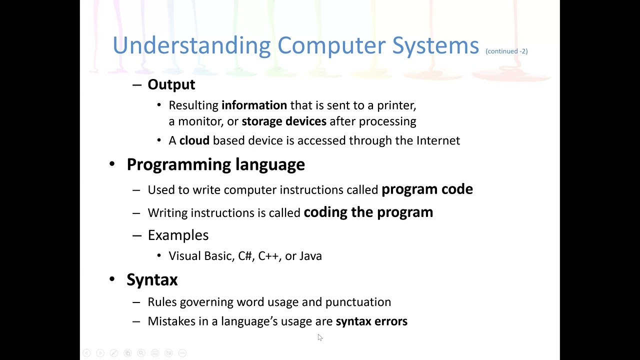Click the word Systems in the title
pos(435,45)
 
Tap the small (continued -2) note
pos(506,51)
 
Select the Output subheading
pos(171,84)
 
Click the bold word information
pos(254,105)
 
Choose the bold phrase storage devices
pos(283,121)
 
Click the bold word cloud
pos(194,140)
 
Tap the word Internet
pos(438,140)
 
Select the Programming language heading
pos(215,164)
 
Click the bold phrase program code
pos(427,189)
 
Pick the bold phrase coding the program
pos(368,212)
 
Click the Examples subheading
pos(178,235)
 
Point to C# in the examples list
pos(245,256)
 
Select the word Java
pos(310,256)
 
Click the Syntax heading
pos(152,279)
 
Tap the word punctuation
pos(358,302)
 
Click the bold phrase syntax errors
pos(371,321)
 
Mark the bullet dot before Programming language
pos(112,164)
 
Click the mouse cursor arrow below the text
pos(319,337)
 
